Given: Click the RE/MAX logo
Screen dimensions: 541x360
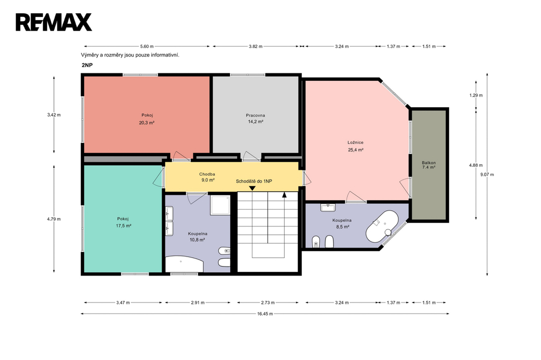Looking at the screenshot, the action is pos(53,22).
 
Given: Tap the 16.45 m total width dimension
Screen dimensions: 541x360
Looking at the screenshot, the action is pos(265,314).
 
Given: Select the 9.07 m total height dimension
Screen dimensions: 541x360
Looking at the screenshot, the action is pos(487,175).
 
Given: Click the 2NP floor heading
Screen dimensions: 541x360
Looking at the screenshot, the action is pos(87,65).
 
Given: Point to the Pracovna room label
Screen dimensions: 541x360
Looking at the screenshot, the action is pos(255,115).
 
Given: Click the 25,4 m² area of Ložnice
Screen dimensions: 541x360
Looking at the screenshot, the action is pos(356,150).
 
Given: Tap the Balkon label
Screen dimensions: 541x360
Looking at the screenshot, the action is pos(428,163).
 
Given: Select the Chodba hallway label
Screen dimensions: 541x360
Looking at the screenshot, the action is pos(207,174).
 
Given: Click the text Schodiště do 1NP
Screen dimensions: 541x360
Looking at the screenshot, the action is pos(254,181).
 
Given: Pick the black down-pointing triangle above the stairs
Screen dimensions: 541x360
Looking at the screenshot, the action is pos(252,188).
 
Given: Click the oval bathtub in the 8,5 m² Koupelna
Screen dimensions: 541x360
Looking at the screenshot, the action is pos(382,226).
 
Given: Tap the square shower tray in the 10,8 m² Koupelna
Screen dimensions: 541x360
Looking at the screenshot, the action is pos(220,205).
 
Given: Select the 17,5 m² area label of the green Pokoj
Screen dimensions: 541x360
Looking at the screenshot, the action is pos(124,226).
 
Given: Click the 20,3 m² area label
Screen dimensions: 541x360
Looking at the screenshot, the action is pos(147,122).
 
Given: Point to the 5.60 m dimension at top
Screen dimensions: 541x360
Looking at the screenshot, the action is pos(147,46).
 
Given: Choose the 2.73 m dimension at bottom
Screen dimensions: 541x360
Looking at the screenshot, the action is pos(268,303).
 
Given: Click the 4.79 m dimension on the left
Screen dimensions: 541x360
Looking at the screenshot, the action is pos(54,219).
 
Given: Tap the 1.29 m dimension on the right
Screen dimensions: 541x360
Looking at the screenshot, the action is pos(476,95).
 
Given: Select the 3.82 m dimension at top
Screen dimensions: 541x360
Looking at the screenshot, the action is pos(255,46).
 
